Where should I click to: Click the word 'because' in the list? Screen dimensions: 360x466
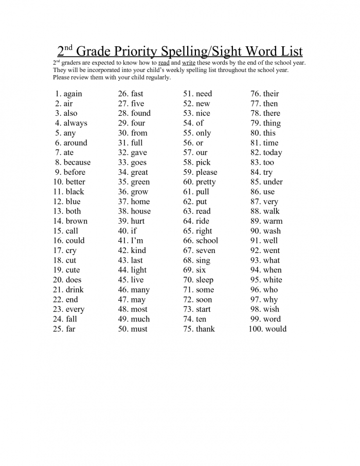77,163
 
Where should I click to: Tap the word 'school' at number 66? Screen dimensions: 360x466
207,241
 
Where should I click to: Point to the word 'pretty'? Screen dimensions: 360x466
206,182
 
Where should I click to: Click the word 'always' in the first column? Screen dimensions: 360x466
75,123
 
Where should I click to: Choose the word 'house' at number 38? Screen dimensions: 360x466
140,211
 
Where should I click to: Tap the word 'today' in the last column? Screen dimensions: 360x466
273,153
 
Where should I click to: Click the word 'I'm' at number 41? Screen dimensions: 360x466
138,241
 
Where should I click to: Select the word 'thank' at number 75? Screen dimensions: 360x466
205,329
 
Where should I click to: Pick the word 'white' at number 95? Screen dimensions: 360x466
273,280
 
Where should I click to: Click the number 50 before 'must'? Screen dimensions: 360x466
123,329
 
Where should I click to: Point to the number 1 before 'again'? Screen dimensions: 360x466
58,94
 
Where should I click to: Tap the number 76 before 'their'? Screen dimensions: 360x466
255,94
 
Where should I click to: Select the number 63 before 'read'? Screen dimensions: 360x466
188,211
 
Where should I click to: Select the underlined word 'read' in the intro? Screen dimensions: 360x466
164,63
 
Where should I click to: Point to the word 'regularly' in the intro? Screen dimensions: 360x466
156,77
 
